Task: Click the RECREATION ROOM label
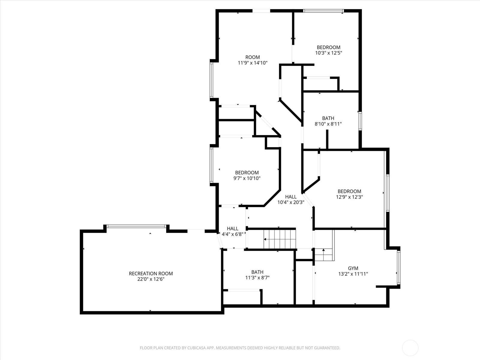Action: tap(151, 273)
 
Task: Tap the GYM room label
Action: tap(353, 268)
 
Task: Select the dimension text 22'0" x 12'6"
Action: tap(151, 279)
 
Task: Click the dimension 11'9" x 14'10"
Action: tap(252, 63)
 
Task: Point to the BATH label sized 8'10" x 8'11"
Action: tap(328, 118)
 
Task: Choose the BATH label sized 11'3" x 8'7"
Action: tap(257, 272)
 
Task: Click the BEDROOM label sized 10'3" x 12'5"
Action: tap(328, 47)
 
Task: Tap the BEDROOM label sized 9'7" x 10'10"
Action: tap(247, 172)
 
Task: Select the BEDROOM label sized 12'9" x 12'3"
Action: tap(349, 191)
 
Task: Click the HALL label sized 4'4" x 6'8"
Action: tap(232, 229)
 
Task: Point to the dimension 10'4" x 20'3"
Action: tap(291, 202)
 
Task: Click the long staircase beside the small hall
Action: tap(280, 239)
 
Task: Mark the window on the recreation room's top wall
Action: tap(136, 226)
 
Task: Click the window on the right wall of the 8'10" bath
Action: tap(360, 121)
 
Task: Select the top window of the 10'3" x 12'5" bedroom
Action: tap(323, 11)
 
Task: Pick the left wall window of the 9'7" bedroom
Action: tap(211, 165)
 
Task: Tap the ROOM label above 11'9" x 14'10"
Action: tap(252, 57)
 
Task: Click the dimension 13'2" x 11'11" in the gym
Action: tap(353, 274)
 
